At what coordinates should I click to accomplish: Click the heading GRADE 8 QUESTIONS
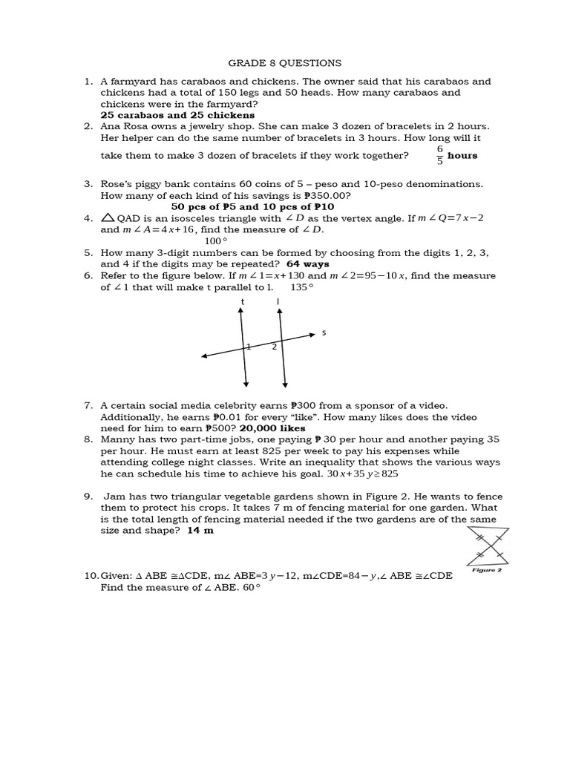(x=285, y=63)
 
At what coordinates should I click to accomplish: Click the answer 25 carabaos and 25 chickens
(x=177, y=115)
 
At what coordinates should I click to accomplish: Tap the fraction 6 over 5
(x=439, y=155)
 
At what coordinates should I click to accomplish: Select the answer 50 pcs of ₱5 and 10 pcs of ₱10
(x=252, y=207)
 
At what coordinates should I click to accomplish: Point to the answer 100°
(x=215, y=241)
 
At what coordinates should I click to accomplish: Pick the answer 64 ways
(x=307, y=264)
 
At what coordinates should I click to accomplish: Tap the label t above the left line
(x=243, y=301)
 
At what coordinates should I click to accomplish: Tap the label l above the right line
(x=278, y=301)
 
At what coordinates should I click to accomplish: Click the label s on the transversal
(x=324, y=333)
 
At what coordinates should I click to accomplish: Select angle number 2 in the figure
(x=274, y=347)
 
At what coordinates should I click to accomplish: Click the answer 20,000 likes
(x=272, y=428)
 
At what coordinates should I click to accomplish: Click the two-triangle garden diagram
(x=487, y=546)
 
